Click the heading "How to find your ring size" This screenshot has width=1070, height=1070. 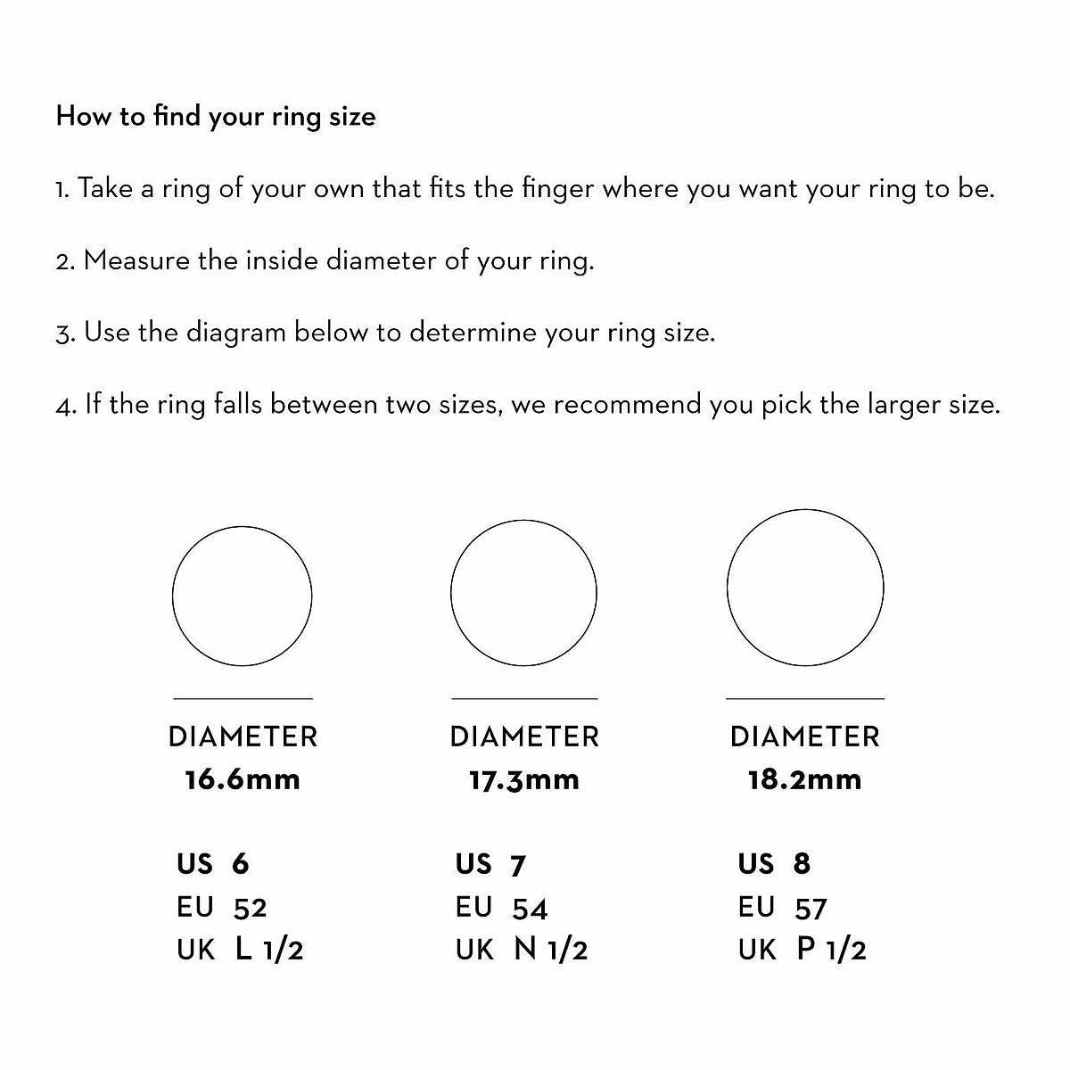point(216,117)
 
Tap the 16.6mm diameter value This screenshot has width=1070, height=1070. point(243,779)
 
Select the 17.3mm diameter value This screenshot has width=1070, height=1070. point(524,780)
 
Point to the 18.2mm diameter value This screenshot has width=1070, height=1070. point(804,779)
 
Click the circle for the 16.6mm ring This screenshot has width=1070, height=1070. point(242,597)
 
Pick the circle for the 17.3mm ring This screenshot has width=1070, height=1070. point(523,593)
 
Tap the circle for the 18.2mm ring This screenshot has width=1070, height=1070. point(805,588)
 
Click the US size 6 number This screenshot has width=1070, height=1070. point(240,863)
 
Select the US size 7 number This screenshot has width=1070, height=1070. point(518,865)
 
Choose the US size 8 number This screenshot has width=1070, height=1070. point(802,863)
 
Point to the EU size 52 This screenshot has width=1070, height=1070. point(250,908)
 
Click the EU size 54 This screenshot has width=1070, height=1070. point(530,909)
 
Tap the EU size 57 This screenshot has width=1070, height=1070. point(811,909)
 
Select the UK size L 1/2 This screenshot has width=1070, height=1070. point(269,950)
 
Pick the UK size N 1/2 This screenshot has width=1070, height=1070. point(551,950)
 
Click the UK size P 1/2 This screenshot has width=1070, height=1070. point(832,950)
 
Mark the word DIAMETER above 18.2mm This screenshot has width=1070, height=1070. point(804,737)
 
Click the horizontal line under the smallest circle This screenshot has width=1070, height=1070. point(243,698)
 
